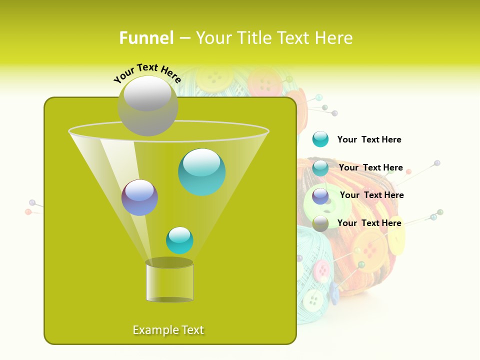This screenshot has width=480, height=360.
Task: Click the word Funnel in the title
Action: click(146, 38)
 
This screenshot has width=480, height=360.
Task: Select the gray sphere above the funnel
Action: click(147, 105)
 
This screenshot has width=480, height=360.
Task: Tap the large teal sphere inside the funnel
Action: click(201, 171)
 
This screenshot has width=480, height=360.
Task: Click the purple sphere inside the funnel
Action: click(139, 197)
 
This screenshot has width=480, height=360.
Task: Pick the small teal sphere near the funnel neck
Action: click(179, 240)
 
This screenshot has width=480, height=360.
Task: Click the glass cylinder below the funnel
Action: click(169, 280)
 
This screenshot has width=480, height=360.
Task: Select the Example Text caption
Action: click(168, 330)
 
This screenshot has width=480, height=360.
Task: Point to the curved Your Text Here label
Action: click(147, 72)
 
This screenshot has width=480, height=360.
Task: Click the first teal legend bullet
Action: click(320, 139)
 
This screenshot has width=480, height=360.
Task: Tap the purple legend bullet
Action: click(320, 196)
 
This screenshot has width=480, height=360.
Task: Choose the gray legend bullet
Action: click(320, 223)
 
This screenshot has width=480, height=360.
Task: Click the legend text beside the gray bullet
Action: click(369, 223)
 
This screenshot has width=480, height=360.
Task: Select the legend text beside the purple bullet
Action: click(371, 195)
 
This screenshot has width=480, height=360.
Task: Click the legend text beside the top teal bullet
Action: click(369, 139)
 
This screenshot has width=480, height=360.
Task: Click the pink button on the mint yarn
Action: click(322, 271)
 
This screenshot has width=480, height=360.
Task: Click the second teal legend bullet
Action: click(320, 168)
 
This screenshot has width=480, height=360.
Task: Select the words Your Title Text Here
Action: click(274, 38)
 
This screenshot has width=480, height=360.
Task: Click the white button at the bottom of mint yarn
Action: click(313, 300)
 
